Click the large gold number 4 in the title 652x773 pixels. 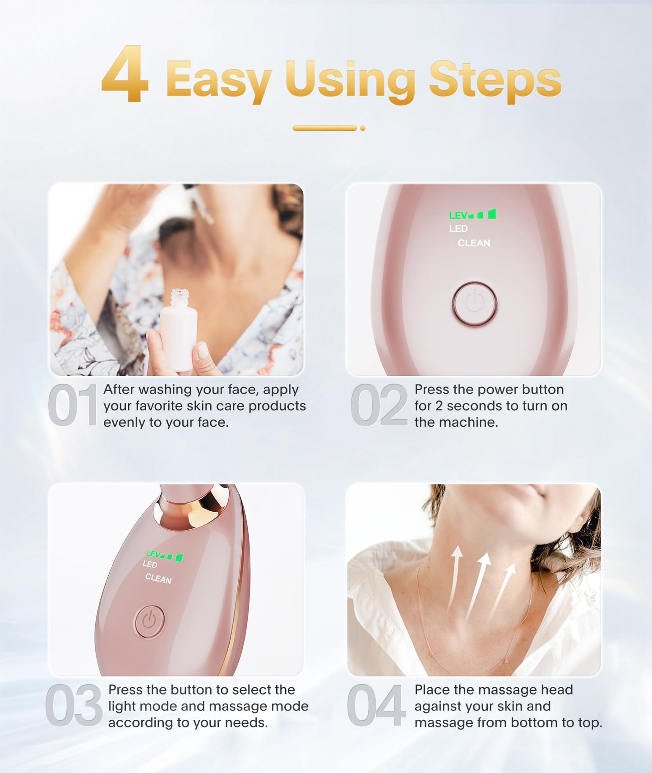click(125, 74)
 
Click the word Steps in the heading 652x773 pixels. click(495, 80)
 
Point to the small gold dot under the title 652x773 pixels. click(362, 128)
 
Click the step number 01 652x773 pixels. click(72, 405)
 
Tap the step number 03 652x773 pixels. click(74, 705)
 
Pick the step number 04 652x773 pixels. click(375, 705)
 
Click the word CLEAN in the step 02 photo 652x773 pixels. click(474, 243)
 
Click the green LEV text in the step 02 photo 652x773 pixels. click(458, 216)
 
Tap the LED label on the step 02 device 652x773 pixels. click(458, 229)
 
